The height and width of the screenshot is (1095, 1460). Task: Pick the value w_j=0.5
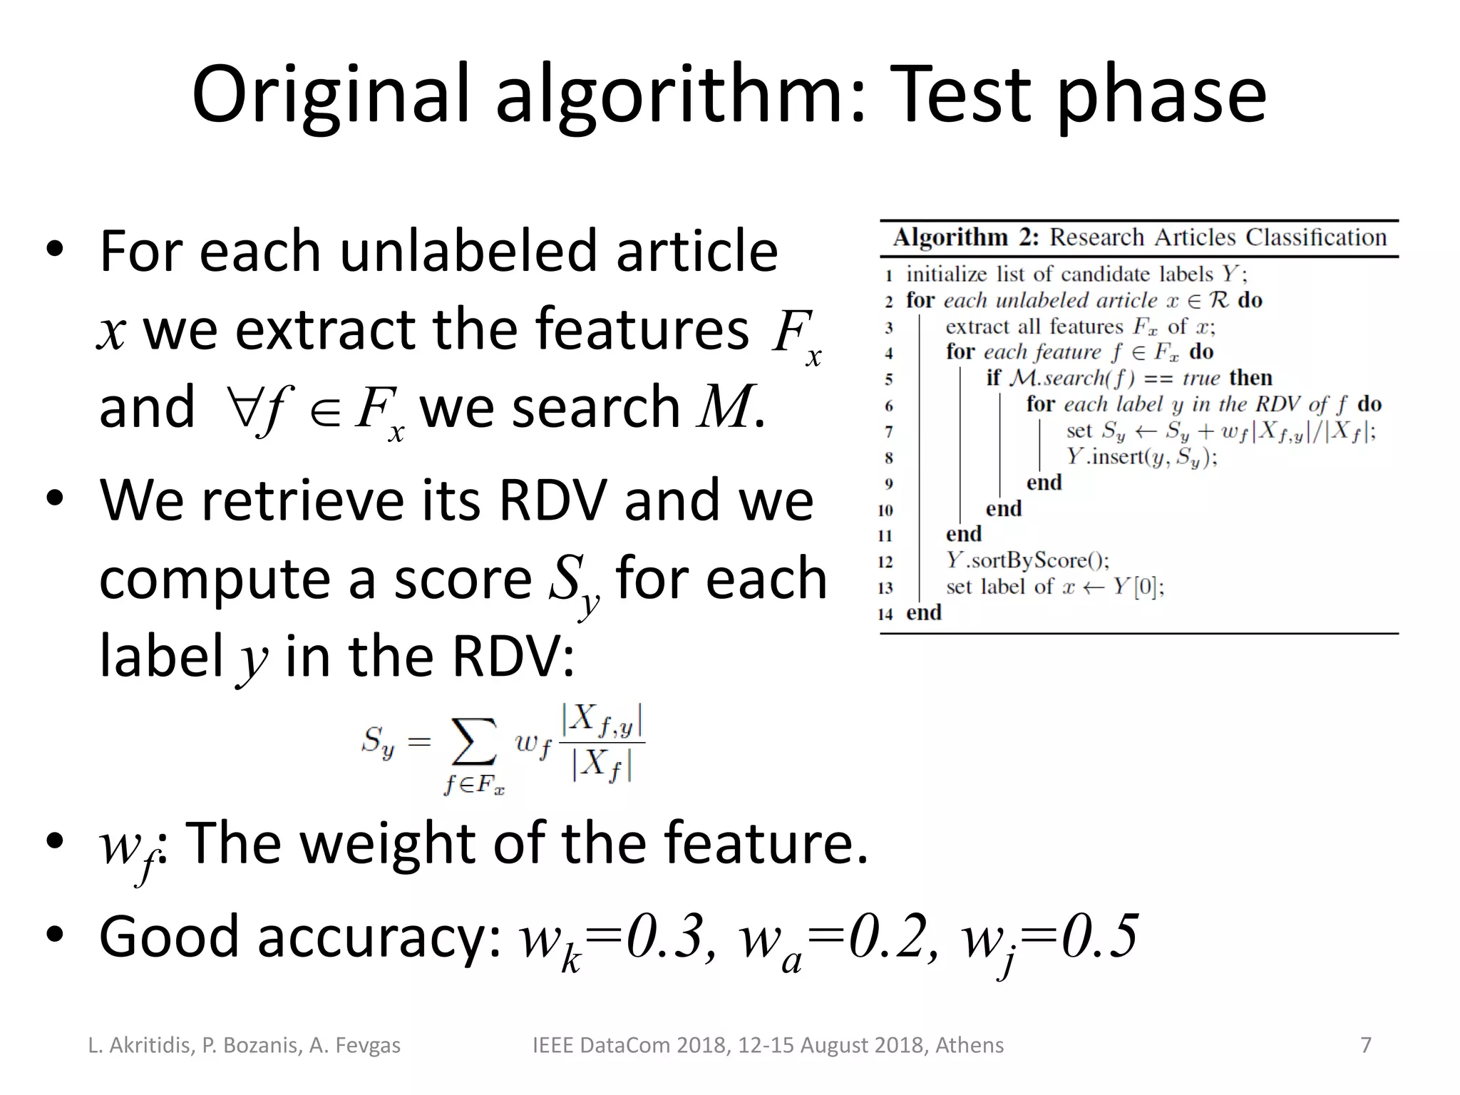pyautogui.click(x=1049, y=938)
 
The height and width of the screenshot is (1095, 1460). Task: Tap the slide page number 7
pyautogui.click(x=1366, y=1045)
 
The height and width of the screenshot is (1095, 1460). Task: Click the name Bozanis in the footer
pyautogui.click(x=261, y=1046)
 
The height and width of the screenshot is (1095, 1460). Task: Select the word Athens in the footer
pyautogui.click(x=969, y=1046)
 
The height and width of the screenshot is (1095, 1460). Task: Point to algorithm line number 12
pyautogui.click(x=885, y=562)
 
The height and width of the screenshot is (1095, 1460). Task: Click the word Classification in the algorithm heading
pyautogui.click(x=1316, y=237)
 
